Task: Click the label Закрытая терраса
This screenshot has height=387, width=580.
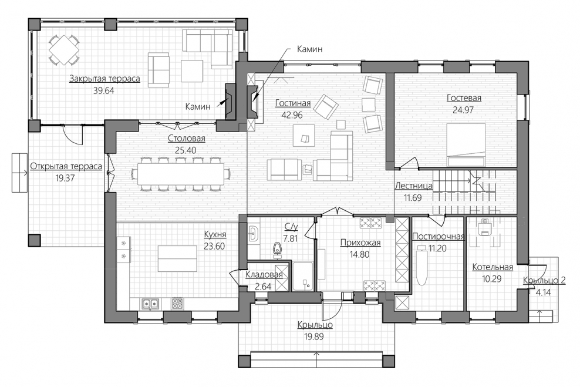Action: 104,79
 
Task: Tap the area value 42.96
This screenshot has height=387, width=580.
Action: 292,115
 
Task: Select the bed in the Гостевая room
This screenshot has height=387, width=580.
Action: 466,145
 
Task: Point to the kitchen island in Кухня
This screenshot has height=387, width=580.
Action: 177,258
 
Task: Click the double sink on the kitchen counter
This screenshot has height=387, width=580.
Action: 150,304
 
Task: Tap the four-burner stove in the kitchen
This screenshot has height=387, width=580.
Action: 177,304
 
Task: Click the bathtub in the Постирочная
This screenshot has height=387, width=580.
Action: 422,265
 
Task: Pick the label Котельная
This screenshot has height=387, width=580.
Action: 493,267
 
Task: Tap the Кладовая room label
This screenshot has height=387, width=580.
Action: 264,274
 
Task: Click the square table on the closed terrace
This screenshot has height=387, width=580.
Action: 65,50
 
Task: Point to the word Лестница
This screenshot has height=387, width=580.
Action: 413,186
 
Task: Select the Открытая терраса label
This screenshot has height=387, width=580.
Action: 66,166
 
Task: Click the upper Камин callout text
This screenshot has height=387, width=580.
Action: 309,49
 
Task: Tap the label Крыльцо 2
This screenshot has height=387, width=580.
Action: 544,281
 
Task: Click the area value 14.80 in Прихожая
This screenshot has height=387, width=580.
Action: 359,254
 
